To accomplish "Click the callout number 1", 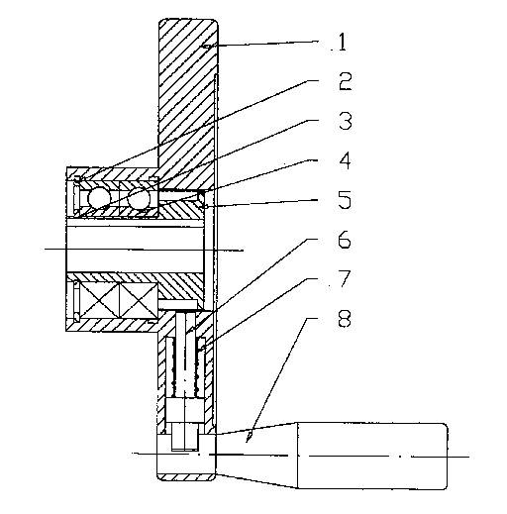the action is (343, 42).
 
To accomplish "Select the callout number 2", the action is (345, 81).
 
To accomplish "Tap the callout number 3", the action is (346, 121).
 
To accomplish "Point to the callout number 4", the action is (346, 161).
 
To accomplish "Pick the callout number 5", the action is (345, 200).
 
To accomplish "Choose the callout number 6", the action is (345, 240).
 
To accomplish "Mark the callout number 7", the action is (344, 279).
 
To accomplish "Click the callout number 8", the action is (345, 319).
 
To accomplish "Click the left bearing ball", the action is (99, 199).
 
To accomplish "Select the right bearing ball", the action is (139, 198).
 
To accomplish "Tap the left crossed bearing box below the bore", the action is (99, 300).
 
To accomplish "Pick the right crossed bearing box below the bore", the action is (138, 300).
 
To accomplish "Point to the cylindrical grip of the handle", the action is (372, 456).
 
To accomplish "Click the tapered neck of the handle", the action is (256, 455).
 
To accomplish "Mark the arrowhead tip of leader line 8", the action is (248, 442).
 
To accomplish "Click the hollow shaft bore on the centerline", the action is (135, 250).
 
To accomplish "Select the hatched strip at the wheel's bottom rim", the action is (186, 477).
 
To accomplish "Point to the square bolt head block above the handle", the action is (184, 410).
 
